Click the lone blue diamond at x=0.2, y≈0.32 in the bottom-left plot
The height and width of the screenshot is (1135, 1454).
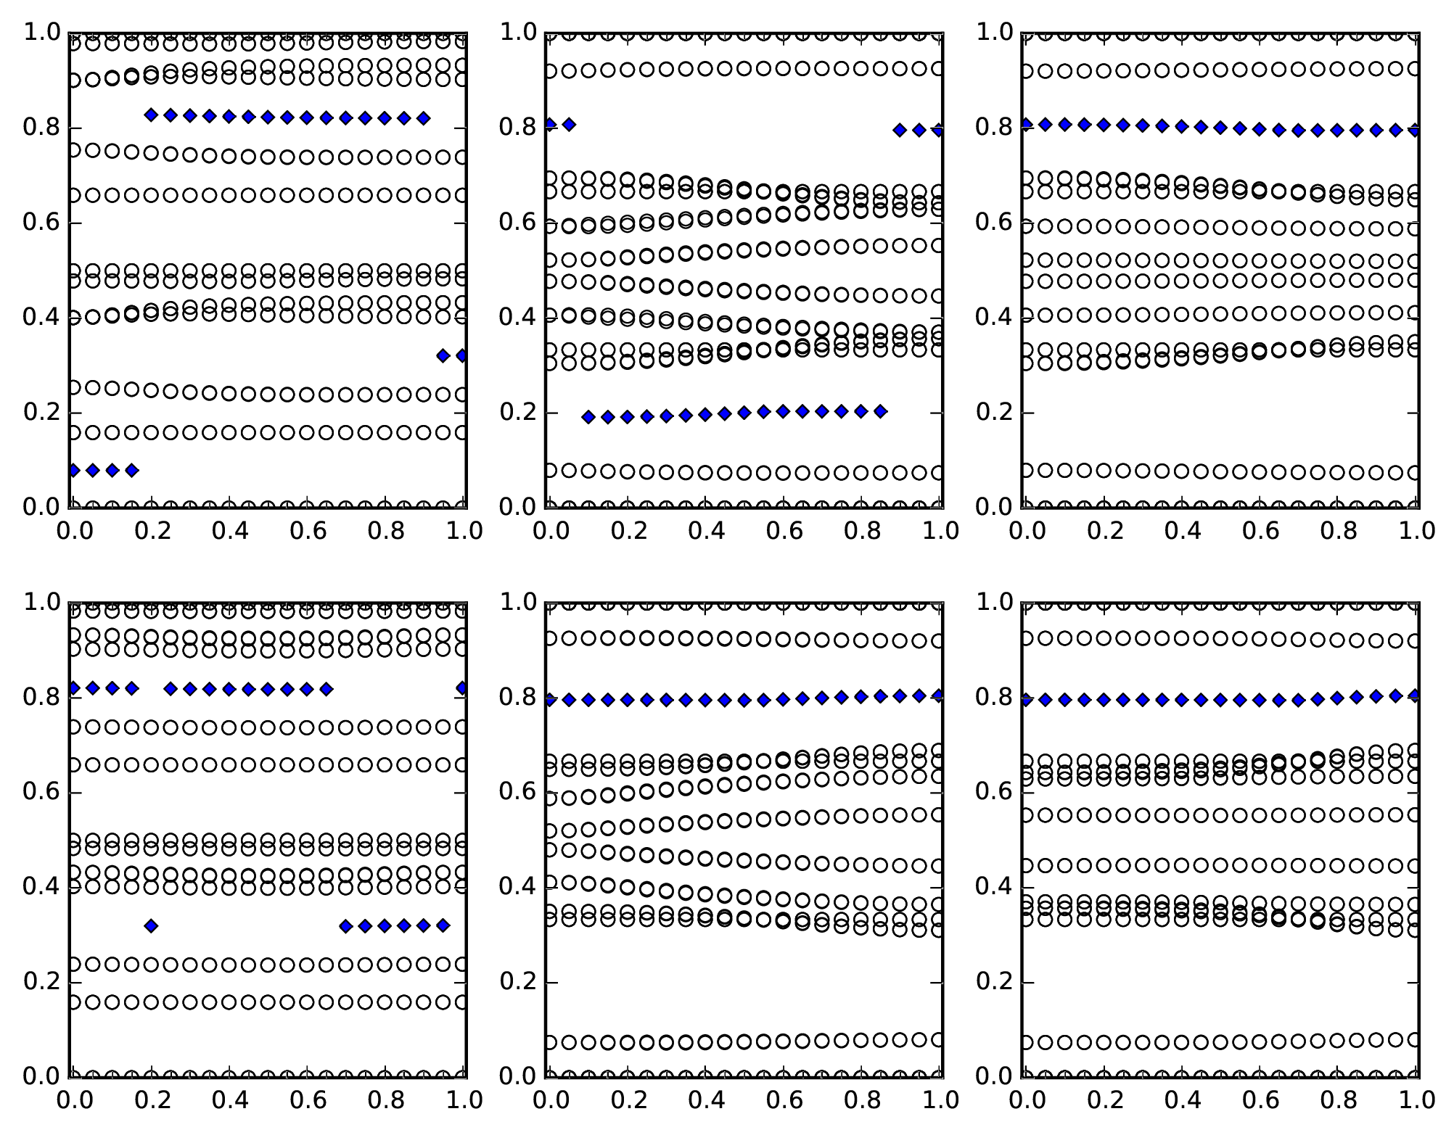pos(151,925)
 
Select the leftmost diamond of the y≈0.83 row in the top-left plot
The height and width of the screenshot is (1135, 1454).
pos(151,115)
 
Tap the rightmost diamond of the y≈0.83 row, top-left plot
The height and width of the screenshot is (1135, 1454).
pos(424,118)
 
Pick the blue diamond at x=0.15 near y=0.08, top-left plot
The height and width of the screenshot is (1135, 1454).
pos(131,470)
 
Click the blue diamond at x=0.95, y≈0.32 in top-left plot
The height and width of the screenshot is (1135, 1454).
pos(443,355)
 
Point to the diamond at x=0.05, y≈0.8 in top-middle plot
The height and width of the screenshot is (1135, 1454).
pos(570,125)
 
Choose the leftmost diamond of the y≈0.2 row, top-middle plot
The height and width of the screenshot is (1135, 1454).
pos(589,417)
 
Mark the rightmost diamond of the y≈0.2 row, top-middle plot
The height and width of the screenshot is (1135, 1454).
pos(881,411)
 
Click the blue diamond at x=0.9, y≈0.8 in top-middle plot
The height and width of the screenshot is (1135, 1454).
pos(900,130)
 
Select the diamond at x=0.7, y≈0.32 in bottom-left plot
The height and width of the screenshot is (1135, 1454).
pos(346,925)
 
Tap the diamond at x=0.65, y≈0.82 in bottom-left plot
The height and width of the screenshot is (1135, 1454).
pos(326,689)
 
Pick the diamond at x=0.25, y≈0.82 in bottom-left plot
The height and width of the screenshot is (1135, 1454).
pos(171,689)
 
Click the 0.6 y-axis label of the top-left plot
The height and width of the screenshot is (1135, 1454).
pos(41,223)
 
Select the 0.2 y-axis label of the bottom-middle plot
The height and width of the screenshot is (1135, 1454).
pos(517,983)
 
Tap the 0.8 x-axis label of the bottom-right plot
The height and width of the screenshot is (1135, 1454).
pos(1339,1100)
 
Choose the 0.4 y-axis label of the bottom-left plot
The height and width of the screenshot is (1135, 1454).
pos(41,888)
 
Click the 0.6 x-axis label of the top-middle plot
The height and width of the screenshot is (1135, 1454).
pos(784,531)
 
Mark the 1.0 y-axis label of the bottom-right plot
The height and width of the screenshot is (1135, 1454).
pos(993,602)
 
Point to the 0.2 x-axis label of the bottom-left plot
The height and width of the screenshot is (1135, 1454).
pos(152,1100)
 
